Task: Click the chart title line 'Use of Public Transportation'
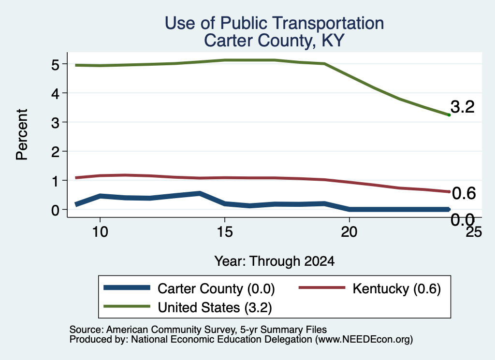[x=275, y=23]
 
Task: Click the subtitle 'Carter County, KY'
[x=274, y=41]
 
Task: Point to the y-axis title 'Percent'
[x=22, y=134]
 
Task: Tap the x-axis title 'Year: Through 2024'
[x=275, y=261]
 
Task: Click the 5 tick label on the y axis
[x=56, y=65]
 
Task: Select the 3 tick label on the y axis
[x=56, y=123]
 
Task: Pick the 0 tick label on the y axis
[x=56, y=210]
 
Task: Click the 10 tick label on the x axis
[x=100, y=232]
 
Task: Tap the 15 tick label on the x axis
[x=225, y=232]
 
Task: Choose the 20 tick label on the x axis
[x=349, y=232]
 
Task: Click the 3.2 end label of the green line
[x=463, y=107]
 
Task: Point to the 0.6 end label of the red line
[x=464, y=193]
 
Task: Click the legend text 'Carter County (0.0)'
[x=216, y=288]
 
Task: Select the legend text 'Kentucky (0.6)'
[x=396, y=288]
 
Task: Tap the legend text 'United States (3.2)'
[x=215, y=307]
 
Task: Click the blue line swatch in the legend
[x=127, y=288]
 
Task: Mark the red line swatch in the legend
[x=322, y=288]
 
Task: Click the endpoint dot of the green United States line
[x=449, y=115]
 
